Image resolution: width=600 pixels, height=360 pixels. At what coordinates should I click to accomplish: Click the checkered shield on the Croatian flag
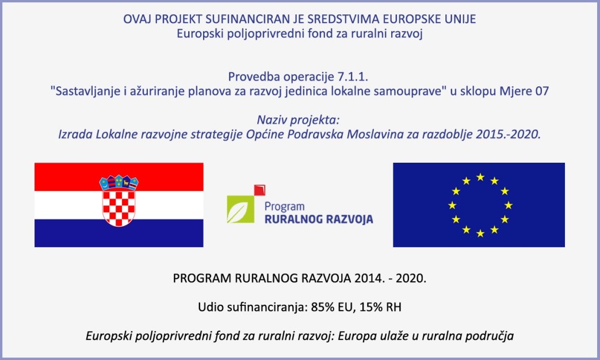(119, 208)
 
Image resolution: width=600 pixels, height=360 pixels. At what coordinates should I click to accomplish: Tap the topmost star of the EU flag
(480, 177)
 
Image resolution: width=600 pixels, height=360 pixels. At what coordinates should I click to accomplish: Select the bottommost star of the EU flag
(480, 233)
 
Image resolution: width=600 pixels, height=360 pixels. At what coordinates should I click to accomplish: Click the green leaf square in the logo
(240, 209)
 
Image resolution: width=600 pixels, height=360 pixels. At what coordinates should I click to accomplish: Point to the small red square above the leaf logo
(260, 190)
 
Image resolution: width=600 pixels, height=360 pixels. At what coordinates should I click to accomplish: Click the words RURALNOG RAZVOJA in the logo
(319, 219)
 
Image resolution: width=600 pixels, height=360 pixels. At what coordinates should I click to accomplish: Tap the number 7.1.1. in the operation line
(353, 77)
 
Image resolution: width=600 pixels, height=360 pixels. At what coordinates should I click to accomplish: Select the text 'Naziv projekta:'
(298, 120)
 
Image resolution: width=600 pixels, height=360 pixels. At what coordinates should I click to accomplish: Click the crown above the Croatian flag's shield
(119, 183)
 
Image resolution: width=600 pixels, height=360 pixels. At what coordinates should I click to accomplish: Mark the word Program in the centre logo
(284, 206)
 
